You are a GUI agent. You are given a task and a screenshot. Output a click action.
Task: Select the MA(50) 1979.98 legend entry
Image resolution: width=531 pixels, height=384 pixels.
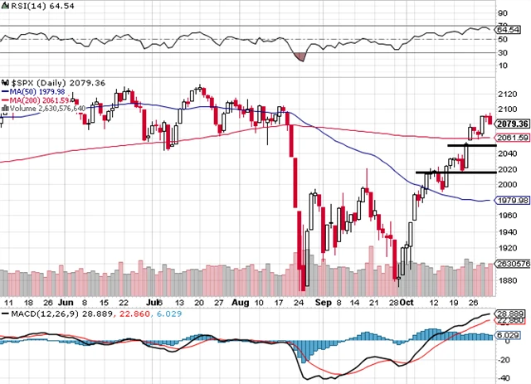point(38,92)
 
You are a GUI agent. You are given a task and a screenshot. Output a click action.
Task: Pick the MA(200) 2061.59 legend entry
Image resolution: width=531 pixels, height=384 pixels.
point(39,100)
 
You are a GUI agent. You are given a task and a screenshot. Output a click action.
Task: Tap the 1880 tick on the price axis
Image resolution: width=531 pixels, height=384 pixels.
point(504,279)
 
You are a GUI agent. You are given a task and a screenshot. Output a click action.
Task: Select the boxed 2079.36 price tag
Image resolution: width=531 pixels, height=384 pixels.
point(512,124)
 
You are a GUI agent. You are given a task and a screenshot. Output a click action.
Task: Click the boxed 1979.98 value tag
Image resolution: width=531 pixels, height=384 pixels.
point(512,201)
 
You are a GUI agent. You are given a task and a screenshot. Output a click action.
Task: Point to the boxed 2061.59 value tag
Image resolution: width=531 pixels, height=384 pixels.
point(512,138)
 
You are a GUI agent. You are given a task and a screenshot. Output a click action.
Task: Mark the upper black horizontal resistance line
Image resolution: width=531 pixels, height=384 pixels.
point(471,146)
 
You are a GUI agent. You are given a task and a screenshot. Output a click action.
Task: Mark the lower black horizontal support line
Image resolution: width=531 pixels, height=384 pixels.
point(444,173)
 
